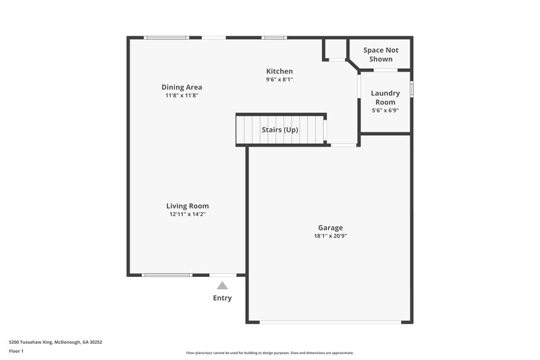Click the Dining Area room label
click(182, 87)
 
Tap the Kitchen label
click(279, 71)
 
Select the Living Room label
click(188, 206)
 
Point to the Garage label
click(331, 228)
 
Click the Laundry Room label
click(385, 98)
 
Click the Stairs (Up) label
click(279, 130)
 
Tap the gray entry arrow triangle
click(222, 286)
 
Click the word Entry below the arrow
click(222, 298)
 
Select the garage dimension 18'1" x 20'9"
click(331, 236)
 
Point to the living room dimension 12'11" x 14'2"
click(188, 215)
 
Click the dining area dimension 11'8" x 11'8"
click(182, 96)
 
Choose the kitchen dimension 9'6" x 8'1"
click(279, 80)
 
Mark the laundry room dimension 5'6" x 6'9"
click(385, 111)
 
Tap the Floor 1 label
click(17, 351)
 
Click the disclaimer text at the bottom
click(270, 353)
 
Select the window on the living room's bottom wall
click(167, 275)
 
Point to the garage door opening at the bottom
click(329, 322)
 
